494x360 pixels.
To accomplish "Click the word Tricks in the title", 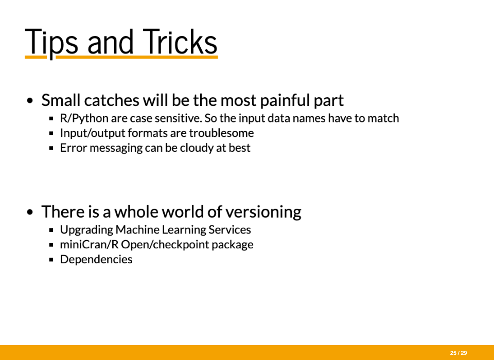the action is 180,42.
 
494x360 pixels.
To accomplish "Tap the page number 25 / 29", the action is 458,353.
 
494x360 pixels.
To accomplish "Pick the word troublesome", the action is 221,133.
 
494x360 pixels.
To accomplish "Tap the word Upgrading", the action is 86,230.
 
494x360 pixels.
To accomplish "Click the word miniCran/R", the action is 89,244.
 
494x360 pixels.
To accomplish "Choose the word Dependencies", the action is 96,260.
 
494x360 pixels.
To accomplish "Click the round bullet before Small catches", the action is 30,101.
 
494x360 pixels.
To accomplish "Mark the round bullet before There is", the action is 30,212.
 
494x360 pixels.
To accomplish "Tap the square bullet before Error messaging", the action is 51,148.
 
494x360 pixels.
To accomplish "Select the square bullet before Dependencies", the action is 51,260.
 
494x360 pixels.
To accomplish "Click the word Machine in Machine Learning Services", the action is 136,229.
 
